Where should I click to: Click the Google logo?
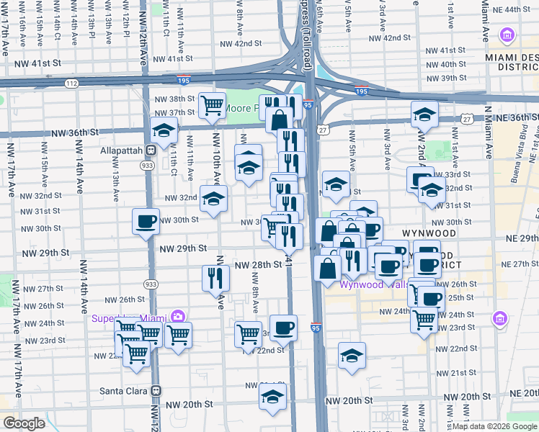pyautogui.click(x=24, y=423)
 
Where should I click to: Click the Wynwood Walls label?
pyautogui.click(x=370, y=284)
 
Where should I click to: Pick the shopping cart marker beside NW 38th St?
pyautogui.click(x=213, y=105)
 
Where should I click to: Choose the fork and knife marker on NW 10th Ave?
pyautogui.click(x=215, y=277)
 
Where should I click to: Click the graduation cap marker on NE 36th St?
pyautogui.click(x=424, y=114)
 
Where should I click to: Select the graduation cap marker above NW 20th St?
pyautogui.click(x=273, y=396)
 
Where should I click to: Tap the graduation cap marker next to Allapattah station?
pyautogui.click(x=164, y=130)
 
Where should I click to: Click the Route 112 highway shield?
pyautogui.click(x=71, y=84)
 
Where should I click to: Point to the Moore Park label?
pyautogui.click(x=241, y=109)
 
